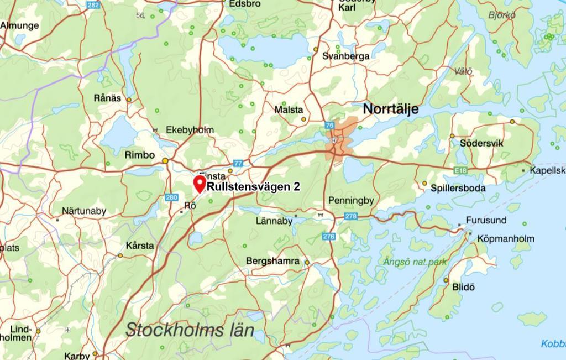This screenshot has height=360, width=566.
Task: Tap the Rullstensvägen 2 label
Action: [253, 187]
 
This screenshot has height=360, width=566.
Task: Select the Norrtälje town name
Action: [390, 109]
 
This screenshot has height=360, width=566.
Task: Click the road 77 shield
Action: [238, 163]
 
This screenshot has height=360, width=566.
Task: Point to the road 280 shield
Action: [171, 197]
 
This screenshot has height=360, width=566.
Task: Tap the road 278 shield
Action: [350, 216]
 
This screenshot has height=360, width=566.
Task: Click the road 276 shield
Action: [329, 237]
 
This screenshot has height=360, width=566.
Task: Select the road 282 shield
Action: [93, 4]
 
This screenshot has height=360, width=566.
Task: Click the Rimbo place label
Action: [140, 155]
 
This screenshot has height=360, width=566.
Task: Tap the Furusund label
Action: [486, 220]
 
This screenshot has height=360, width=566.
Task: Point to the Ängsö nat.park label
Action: [415, 262]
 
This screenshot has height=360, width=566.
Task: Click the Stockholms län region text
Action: [190, 331]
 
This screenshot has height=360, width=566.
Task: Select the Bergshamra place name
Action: [272, 261]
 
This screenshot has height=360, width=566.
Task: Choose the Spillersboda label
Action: [458, 188]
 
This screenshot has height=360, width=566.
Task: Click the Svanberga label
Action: [346, 56]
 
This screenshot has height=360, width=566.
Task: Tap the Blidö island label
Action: [463, 287]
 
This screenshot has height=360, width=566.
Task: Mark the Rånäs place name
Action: [107, 98]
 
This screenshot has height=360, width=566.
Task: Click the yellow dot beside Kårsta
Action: [120, 255]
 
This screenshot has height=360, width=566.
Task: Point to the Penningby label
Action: [351, 200]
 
